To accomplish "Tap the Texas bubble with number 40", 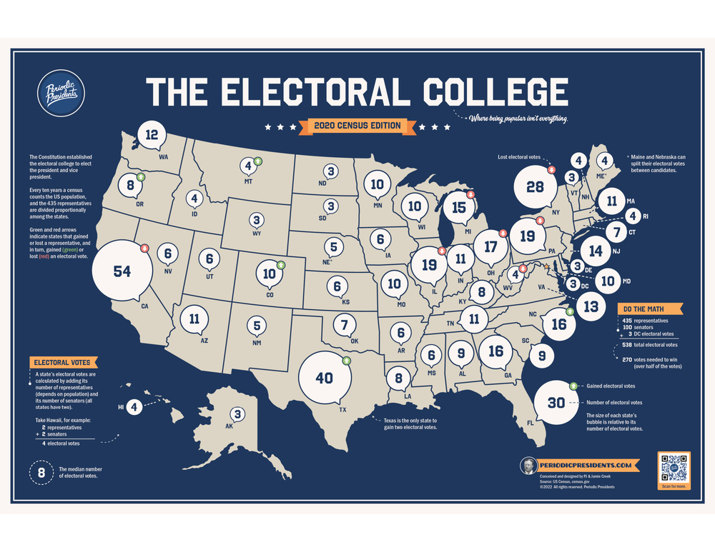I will click(325, 377).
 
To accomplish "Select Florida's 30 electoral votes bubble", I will click(556, 402).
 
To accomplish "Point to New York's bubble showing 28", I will click(535, 187).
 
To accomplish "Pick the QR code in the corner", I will click(674, 468).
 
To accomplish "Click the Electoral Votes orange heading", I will click(62, 362).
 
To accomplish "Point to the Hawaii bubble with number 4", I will click(135, 407).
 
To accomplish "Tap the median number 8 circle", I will click(41, 472).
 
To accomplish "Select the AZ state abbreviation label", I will click(204, 341).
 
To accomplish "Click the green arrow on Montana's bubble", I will click(258, 161).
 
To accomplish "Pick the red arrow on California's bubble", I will click(144, 249).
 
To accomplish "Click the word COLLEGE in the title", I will click(495, 93).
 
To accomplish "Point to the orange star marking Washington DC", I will click(547, 266).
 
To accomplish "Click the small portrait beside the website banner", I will click(528, 466).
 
